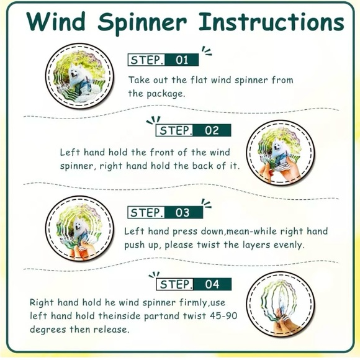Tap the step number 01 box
pos(182,60)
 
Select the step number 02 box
pos(212,130)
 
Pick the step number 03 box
pos(182,212)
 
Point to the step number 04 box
pos(212,284)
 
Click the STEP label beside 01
pos(146,60)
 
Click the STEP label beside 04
pos(176,284)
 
